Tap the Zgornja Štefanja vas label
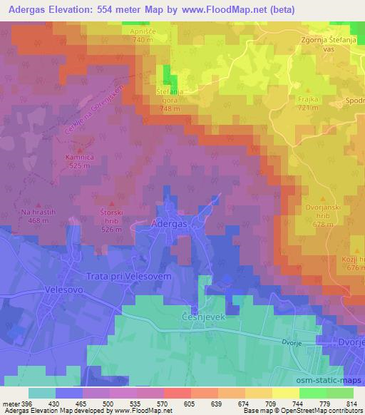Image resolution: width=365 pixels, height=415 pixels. click(331, 46)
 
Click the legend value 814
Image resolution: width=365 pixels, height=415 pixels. click(351, 403)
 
